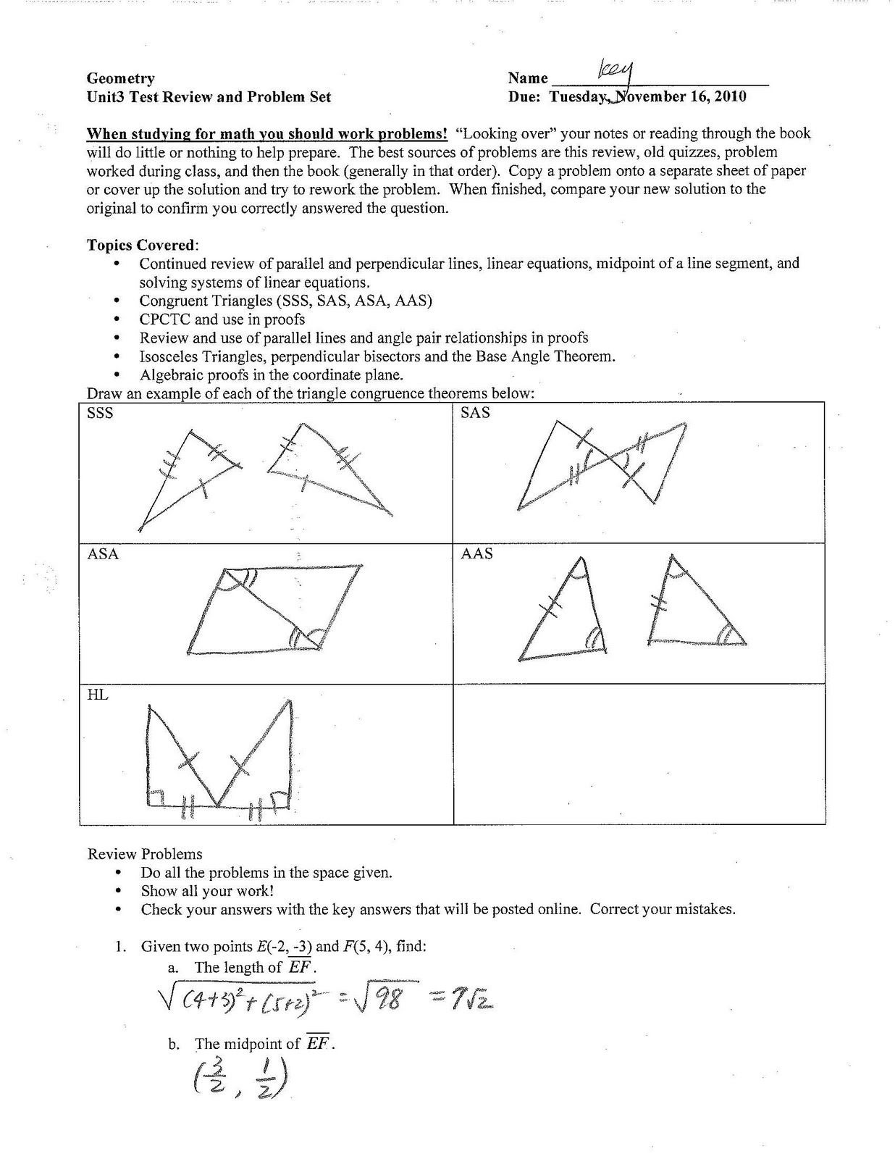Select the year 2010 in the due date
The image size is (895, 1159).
730,96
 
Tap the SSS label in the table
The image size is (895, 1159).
100,413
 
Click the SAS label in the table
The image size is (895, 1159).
475,413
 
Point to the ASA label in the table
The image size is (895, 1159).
103,554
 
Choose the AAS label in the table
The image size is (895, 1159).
476,554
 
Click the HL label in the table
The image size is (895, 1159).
98,695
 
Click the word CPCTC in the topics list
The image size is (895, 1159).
165,319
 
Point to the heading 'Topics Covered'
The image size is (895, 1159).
142,245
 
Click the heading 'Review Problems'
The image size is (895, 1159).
145,854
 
